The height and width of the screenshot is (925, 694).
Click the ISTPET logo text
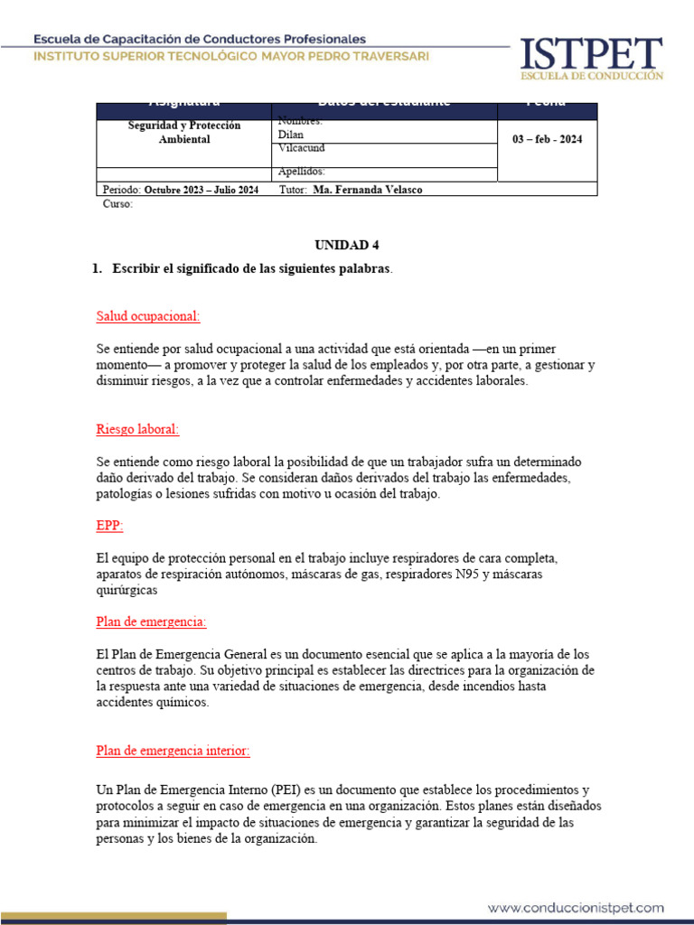pyautogui.click(x=591, y=52)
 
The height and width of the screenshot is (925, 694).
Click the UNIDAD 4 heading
pyautogui.click(x=341, y=245)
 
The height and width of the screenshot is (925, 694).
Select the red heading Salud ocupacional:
pyautogui.click(x=148, y=316)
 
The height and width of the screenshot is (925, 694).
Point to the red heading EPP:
pyautogui.click(x=109, y=525)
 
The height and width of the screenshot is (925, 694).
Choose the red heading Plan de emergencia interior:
pyautogui.click(x=173, y=751)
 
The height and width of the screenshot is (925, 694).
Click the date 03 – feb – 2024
pyautogui.click(x=547, y=139)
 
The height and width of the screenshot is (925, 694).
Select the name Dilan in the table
pyautogui.click(x=291, y=135)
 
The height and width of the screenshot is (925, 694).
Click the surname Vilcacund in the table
pyautogui.click(x=302, y=147)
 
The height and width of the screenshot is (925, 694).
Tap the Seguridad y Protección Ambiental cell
pyautogui.click(x=183, y=133)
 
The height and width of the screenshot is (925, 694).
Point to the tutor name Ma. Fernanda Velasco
pyautogui.click(x=367, y=190)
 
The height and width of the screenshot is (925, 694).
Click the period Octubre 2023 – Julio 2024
pyautogui.click(x=202, y=190)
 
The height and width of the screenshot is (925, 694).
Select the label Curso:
pyautogui.click(x=117, y=204)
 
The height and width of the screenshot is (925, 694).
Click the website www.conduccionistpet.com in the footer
pyautogui.click(x=577, y=883)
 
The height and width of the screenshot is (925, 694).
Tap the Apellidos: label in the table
pyautogui.click(x=302, y=172)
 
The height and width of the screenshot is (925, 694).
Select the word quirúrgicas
pyautogui.click(x=127, y=590)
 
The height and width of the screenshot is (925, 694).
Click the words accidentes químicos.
pyautogui.click(x=152, y=703)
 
